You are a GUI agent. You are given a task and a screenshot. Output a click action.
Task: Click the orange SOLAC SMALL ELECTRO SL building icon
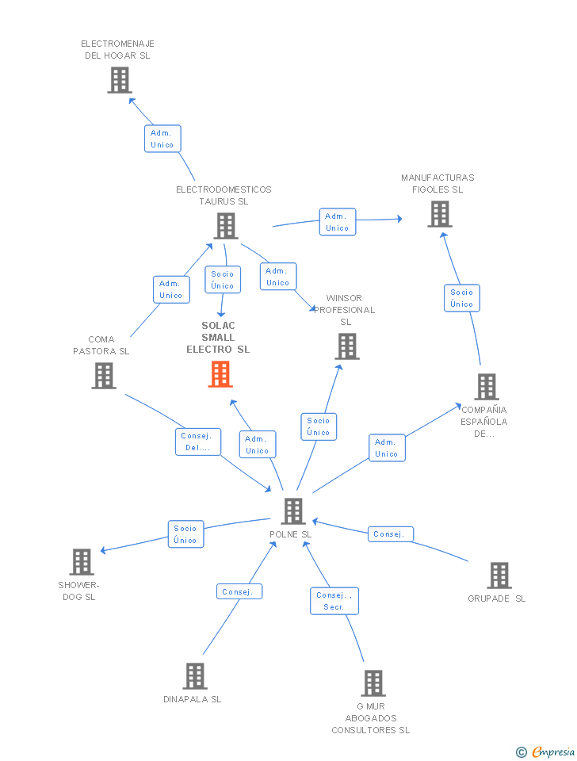(x=220, y=374)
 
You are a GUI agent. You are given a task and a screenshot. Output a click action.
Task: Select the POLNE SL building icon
(x=293, y=511)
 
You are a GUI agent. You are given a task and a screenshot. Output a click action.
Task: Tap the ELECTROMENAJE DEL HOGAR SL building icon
(x=120, y=80)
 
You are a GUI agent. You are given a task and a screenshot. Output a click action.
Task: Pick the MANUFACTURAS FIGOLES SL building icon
(x=440, y=214)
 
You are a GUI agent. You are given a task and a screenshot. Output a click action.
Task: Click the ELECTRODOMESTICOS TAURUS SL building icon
(x=226, y=226)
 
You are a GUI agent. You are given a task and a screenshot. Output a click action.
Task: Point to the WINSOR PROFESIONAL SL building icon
(x=347, y=346)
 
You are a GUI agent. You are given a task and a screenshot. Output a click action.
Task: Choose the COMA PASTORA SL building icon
(x=104, y=376)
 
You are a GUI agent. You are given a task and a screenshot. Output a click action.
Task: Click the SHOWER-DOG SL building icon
(x=82, y=561)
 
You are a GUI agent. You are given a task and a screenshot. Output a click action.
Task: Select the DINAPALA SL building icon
(x=195, y=676)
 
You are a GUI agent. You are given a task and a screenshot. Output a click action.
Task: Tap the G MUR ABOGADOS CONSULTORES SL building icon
(x=373, y=683)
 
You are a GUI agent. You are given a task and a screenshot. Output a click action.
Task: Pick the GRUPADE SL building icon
(x=499, y=576)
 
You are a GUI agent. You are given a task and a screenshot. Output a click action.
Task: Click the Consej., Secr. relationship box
(x=334, y=601)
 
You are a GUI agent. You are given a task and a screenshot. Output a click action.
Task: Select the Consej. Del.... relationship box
(x=198, y=442)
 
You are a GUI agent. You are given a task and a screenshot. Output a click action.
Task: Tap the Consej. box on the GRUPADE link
(x=391, y=533)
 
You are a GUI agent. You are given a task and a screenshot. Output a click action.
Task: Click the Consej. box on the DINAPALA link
(x=239, y=591)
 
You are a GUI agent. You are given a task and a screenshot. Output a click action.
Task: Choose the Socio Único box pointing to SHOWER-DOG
(x=186, y=533)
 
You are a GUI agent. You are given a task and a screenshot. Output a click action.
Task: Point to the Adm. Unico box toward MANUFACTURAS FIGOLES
(x=338, y=222)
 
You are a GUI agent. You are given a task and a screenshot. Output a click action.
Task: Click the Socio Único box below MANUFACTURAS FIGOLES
(x=461, y=298)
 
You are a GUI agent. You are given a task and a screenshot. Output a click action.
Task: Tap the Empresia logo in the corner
(x=545, y=751)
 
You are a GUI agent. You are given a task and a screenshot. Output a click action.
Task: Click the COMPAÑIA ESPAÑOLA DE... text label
(x=483, y=422)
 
